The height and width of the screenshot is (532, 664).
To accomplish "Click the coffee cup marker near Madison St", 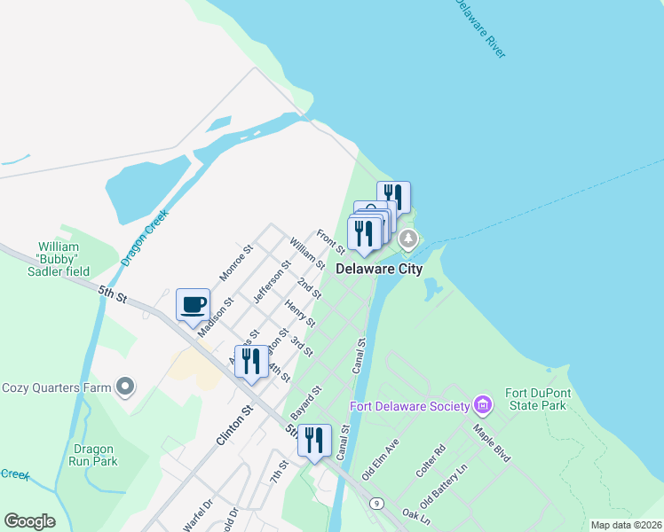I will (x=194, y=305).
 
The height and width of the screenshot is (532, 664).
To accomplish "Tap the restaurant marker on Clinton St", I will (x=251, y=361).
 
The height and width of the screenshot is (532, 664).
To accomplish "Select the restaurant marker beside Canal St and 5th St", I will (x=314, y=441).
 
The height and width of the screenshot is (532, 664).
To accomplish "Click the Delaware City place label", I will (x=378, y=269).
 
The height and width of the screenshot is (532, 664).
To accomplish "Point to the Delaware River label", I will (x=480, y=28).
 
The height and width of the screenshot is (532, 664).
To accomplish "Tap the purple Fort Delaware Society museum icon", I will (x=483, y=406).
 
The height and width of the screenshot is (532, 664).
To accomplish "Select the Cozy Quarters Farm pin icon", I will (x=126, y=387).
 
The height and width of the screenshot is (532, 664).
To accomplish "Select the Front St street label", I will (x=330, y=239).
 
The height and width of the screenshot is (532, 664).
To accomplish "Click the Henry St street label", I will (x=300, y=313).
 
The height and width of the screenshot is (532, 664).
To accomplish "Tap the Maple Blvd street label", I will (x=491, y=444).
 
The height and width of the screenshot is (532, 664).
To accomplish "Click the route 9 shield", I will (x=377, y=503).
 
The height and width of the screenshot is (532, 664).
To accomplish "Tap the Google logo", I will (x=29, y=521).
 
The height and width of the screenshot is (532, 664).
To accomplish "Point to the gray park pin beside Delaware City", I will (x=408, y=239).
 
